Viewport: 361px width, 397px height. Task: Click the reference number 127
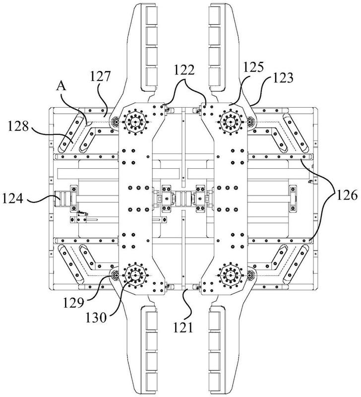[x=101, y=76]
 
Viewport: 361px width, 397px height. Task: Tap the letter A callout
[x=61, y=86]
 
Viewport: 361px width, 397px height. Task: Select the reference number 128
[x=18, y=126]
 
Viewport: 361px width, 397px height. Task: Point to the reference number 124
[x=13, y=198]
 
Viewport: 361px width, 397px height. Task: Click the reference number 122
[x=184, y=70]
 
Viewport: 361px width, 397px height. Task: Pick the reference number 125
[x=253, y=67]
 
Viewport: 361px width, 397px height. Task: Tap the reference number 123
[x=283, y=78]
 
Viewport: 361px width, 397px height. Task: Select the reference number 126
[x=347, y=195]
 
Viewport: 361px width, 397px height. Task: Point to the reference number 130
[x=96, y=318]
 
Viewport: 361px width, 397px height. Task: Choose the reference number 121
[x=183, y=328]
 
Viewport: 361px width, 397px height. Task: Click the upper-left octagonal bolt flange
[x=135, y=122]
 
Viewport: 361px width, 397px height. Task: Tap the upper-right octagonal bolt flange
[x=231, y=122]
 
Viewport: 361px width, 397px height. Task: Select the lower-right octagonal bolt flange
[x=231, y=275]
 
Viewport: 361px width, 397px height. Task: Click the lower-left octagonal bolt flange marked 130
[x=135, y=275]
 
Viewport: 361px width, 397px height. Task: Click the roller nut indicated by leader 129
[x=116, y=275]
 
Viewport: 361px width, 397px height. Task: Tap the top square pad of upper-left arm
[x=151, y=16]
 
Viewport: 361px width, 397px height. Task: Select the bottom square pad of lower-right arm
[x=215, y=381]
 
